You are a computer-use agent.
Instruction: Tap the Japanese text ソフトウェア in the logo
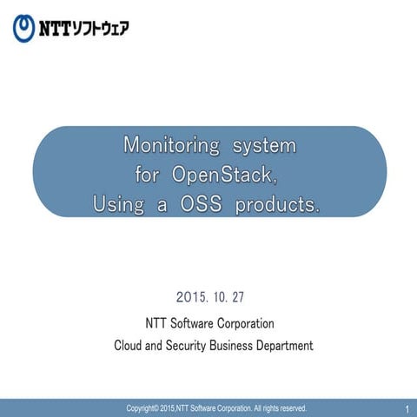[x=102, y=28]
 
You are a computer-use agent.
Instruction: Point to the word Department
[x=280, y=346]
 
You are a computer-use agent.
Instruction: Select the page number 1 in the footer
[x=407, y=408]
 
